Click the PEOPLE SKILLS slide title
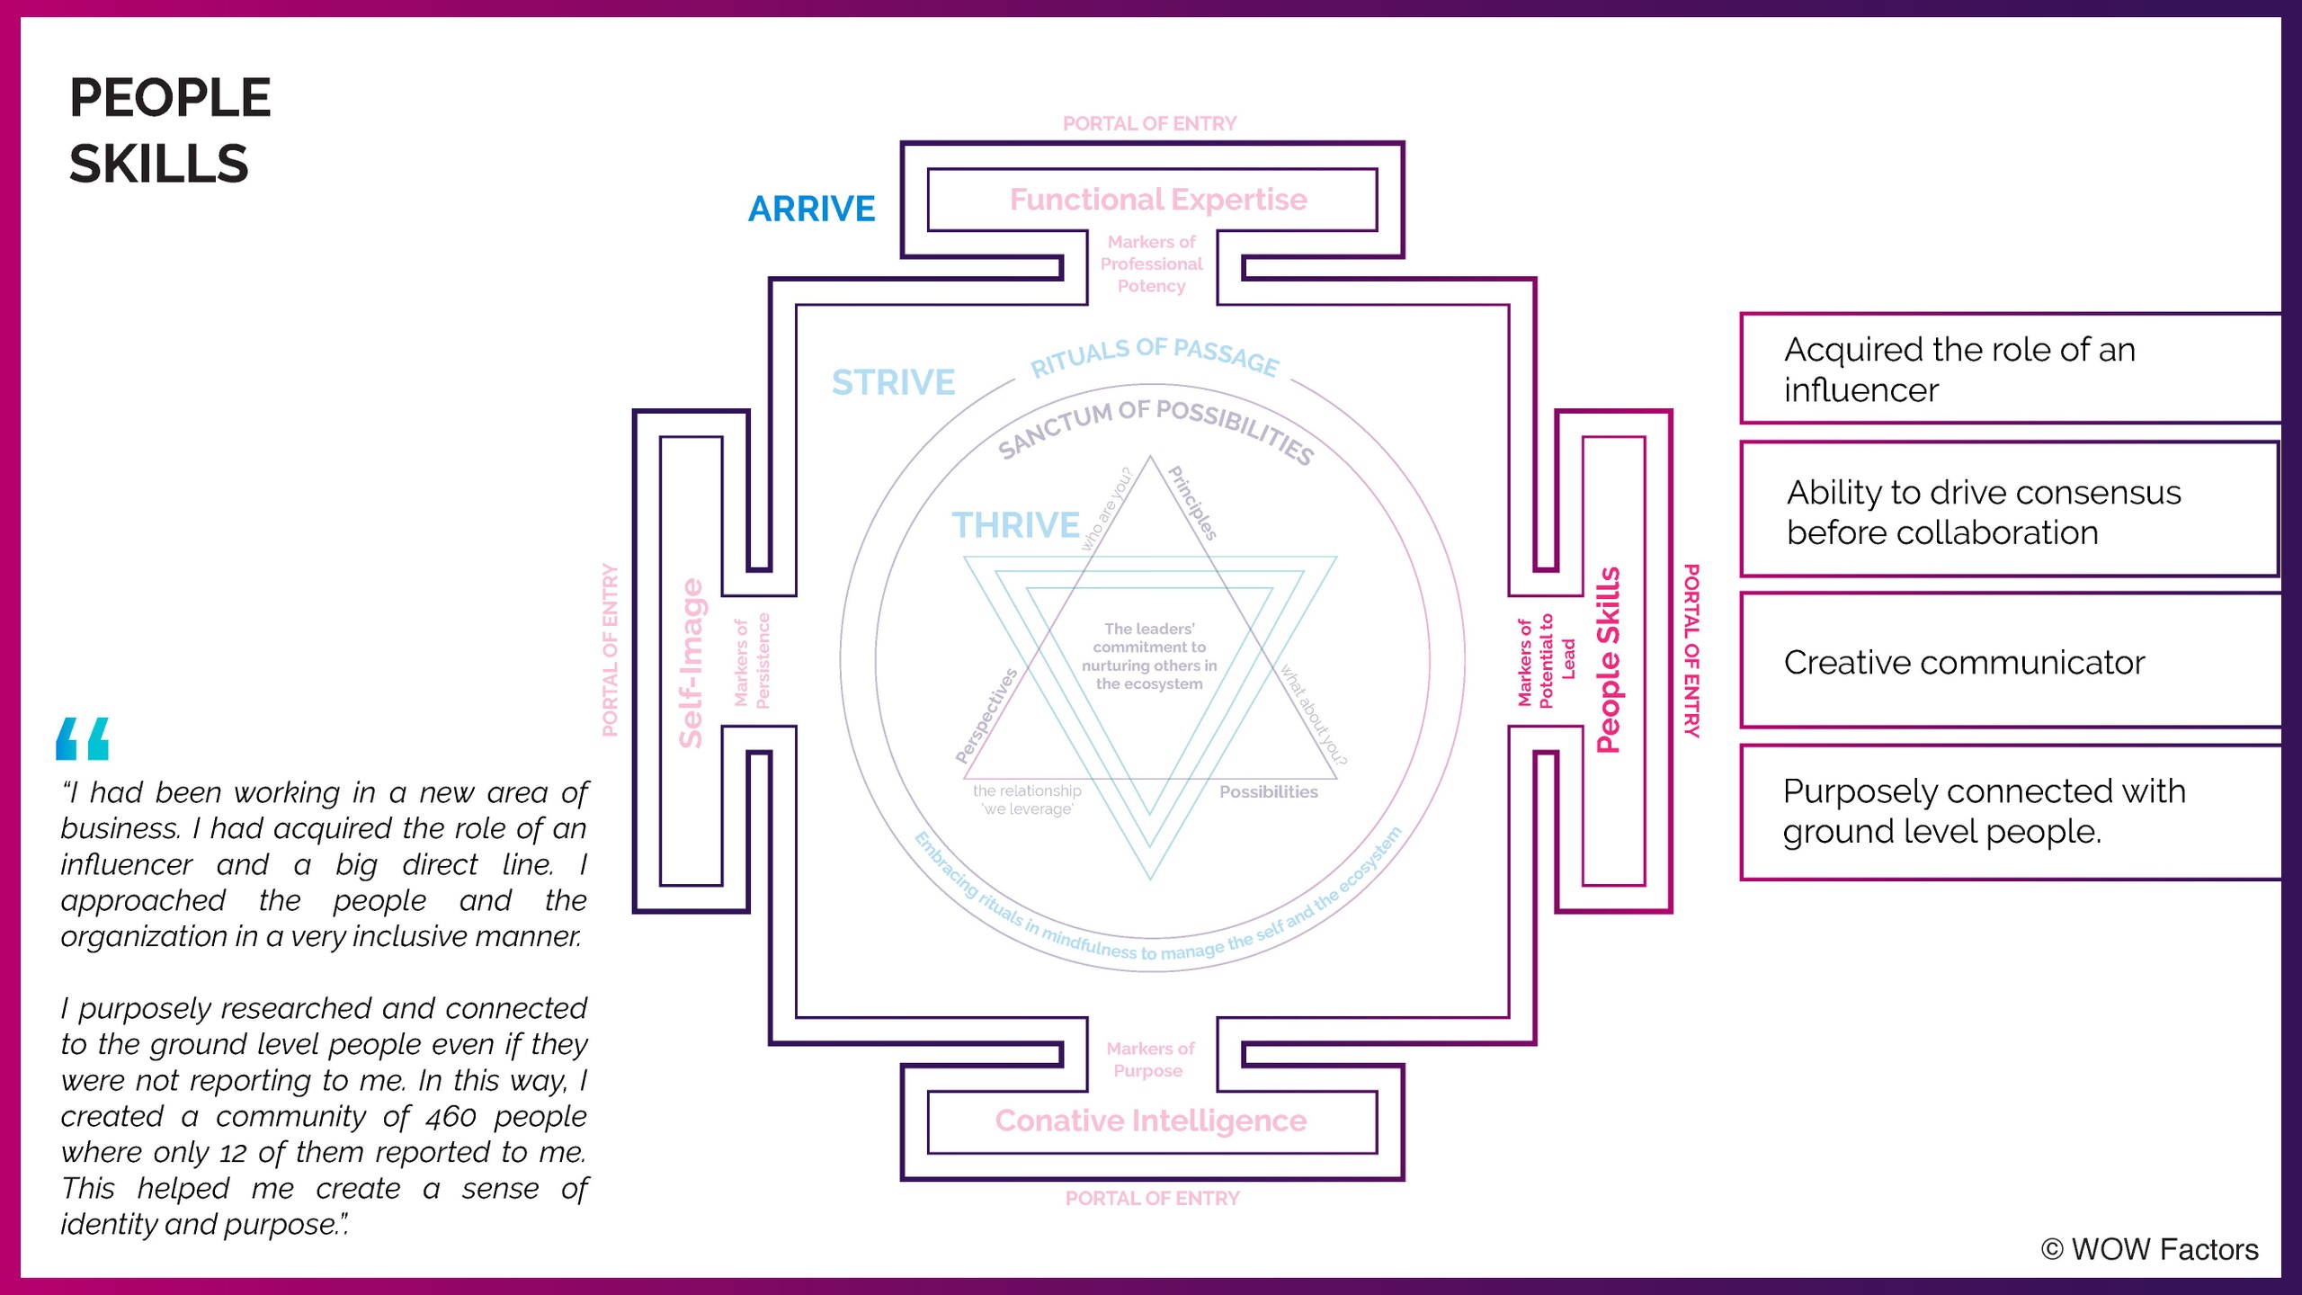170,130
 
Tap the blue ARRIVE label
811,209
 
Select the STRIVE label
893,382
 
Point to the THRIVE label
1015,525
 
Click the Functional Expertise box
1157,200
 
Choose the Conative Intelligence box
1150,1121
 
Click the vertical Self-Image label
691,663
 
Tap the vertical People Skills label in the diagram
1608,660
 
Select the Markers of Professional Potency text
1151,263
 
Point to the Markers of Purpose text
1150,1059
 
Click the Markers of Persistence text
752,661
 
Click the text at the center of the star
1149,656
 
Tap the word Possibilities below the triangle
1268,791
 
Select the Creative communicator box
2011,662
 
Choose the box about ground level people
2011,811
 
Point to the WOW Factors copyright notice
2149,1249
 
